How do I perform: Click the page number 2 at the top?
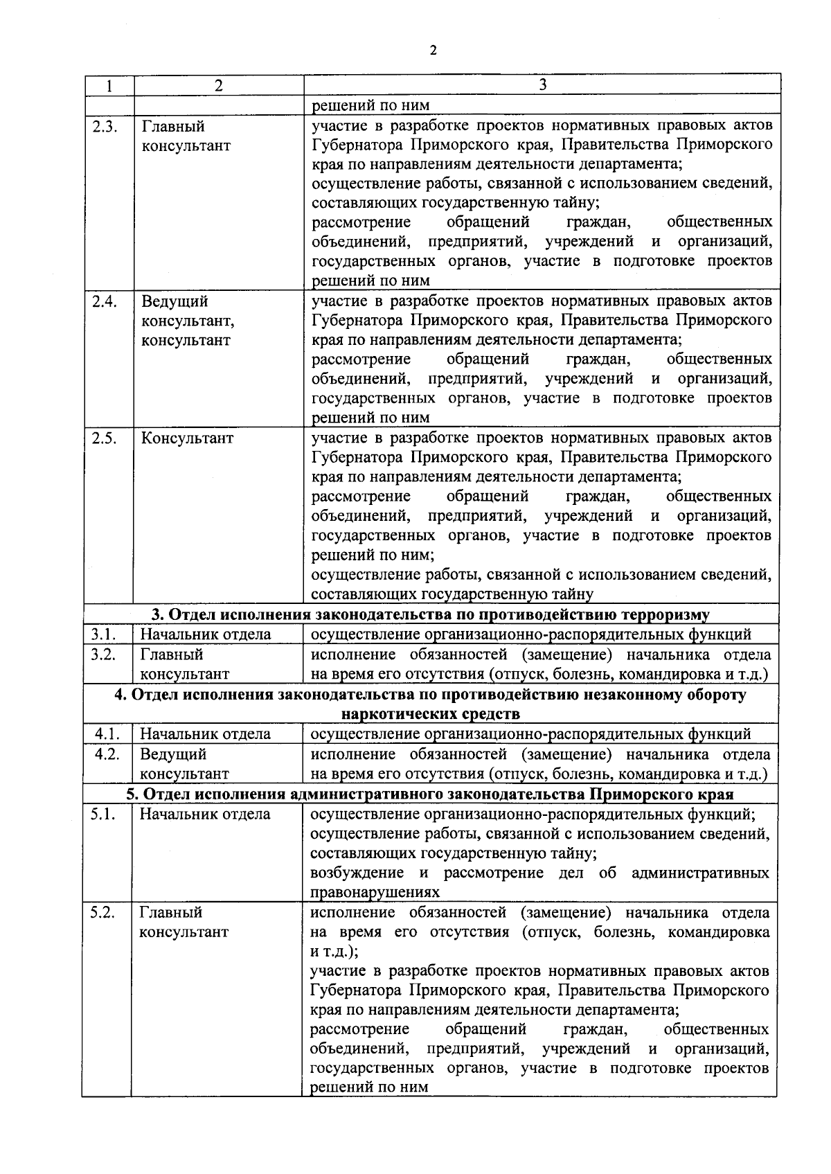[x=434, y=50]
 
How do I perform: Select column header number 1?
[x=109, y=85]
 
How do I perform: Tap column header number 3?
[x=542, y=85]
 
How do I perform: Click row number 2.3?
[x=105, y=127]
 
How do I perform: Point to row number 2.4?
[x=105, y=301]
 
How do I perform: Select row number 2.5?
[x=105, y=438]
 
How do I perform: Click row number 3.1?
[x=103, y=634]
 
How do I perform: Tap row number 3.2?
[x=103, y=654]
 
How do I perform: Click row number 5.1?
[x=102, y=815]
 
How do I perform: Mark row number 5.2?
[x=102, y=912]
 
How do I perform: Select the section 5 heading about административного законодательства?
[x=430, y=794]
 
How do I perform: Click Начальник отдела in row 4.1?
[x=205, y=734]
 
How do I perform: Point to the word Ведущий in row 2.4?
[x=175, y=302]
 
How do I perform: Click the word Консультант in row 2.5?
[x=187, y=438]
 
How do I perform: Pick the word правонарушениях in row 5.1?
[x=375, y=893]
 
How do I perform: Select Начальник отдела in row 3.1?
[x=206, y=634]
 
